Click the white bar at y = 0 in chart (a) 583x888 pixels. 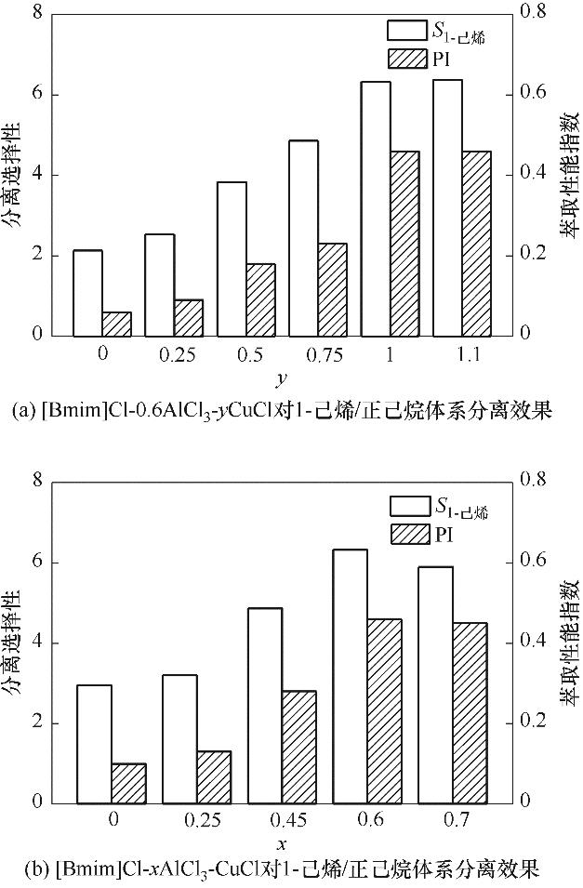click(x=87, y=293)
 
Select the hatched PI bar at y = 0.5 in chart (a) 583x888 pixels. click(x=260, y=299)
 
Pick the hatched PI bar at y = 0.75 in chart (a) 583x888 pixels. click(x=332, y=289)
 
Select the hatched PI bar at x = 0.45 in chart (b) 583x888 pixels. click(x=299, y=747)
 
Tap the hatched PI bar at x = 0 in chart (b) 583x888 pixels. click(x=128, y=783)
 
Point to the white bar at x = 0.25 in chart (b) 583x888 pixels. click(x=179, y=738)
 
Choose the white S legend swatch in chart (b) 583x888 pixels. click(x=406, y=506)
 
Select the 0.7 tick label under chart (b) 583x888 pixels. click(x=453, y=820)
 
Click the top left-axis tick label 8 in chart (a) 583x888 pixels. click(x=38, y=15)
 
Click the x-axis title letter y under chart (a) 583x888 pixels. click(x=279, y=378)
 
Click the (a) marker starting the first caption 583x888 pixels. click(x=20, y=410)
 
